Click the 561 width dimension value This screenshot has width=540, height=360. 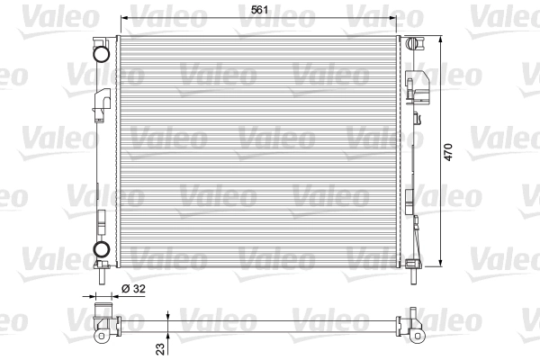[259, 10]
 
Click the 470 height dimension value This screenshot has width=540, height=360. [448, 152]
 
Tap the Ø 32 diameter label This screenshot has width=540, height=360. [133, 289]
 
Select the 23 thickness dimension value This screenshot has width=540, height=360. [160, 348]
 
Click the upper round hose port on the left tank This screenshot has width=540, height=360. [101, 54]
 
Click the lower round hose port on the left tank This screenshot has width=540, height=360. [102, 249]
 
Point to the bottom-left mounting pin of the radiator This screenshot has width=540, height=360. [102, 276]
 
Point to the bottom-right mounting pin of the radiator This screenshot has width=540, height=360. [414, 276]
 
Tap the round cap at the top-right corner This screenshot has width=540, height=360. [411, 44]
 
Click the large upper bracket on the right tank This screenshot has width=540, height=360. [418, 87]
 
